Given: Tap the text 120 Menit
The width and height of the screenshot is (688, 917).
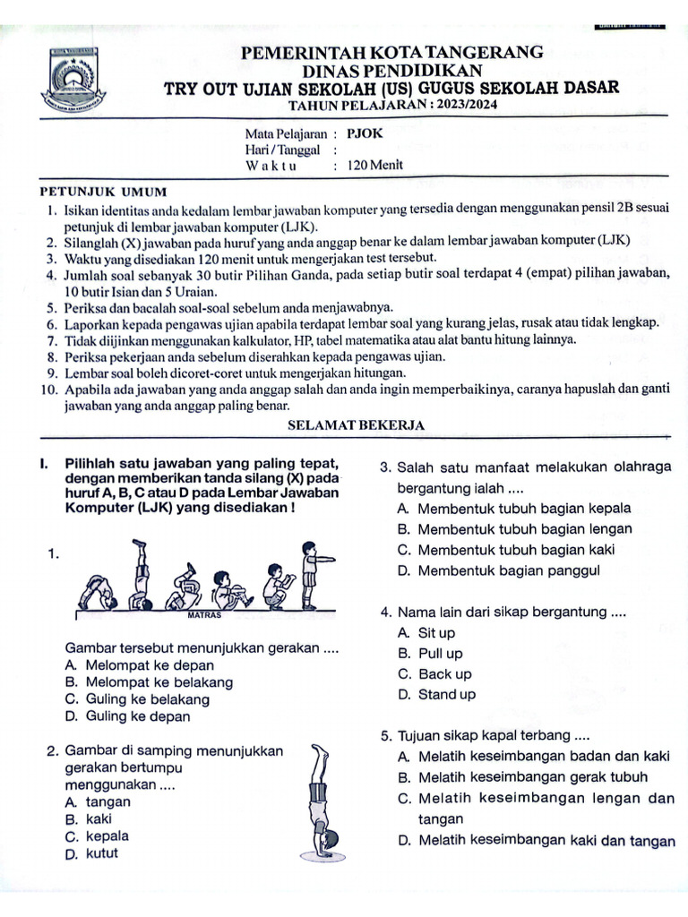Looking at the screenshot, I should [x=374, y=165].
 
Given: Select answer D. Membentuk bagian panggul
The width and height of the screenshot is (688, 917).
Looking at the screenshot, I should [x=498, y=570].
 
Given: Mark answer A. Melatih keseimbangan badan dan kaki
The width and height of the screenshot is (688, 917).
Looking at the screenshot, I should [x=534, y=757].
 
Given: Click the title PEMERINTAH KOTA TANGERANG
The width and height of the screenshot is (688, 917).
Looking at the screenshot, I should [x=392, y=53].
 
